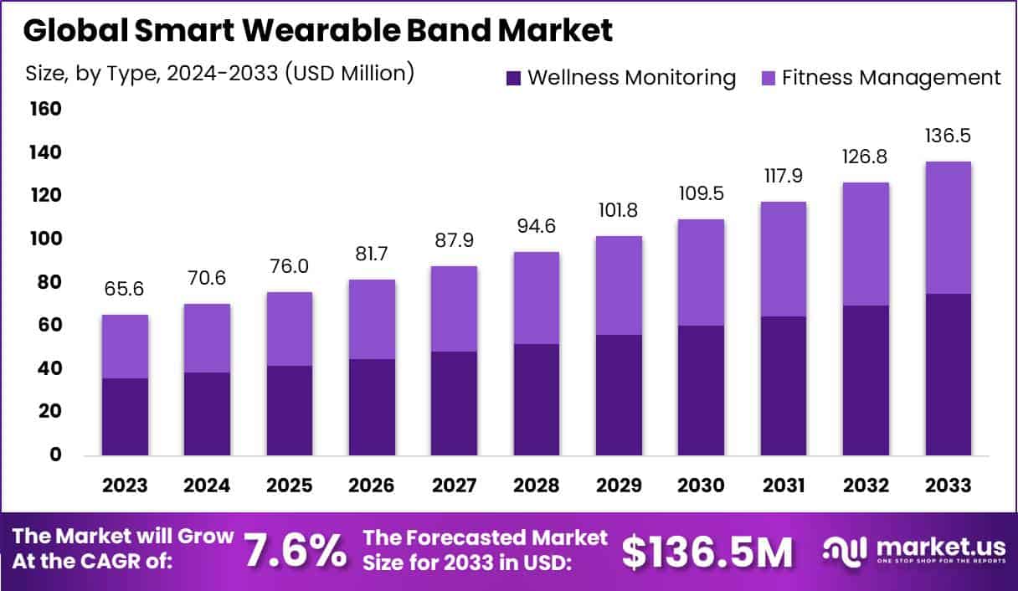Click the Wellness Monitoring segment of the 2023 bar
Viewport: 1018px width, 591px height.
coord(125,417)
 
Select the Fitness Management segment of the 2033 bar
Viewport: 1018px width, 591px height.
coord(949,228)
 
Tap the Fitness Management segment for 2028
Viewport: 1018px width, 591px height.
coord(537,298)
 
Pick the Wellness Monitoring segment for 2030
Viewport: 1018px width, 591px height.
coord(701,390)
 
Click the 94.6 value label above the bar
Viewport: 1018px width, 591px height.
coord(537,227)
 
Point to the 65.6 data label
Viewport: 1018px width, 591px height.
coord(125,290)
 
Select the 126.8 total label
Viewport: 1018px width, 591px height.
coord(866,157)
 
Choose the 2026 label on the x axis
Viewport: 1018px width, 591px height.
coord(372,486)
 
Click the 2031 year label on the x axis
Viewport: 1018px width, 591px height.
coord(784,486)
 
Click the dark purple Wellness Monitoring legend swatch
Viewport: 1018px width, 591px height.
coord(513,78)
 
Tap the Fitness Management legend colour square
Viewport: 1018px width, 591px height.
coord(768,78)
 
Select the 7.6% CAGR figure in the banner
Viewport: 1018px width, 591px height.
coord(295,551)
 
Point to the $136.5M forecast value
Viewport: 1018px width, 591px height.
coord(707,551)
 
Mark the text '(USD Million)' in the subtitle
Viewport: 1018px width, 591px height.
coord(350,73)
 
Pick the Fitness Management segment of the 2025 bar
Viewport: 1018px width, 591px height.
coord(290,329)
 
